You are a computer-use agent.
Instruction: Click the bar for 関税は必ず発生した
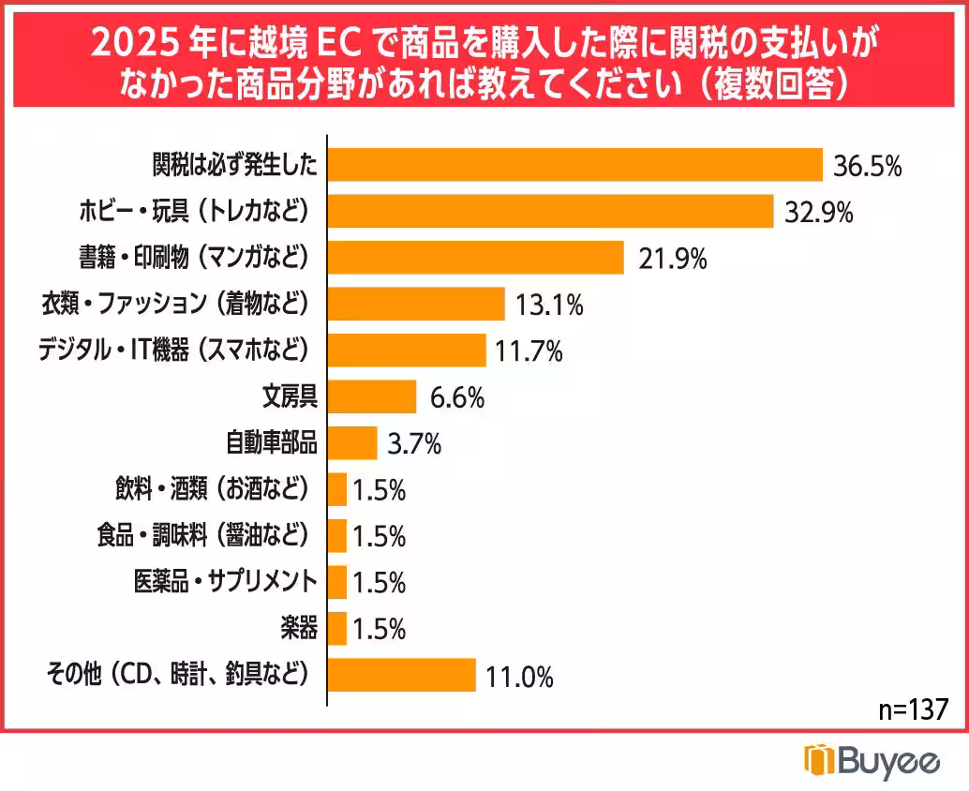[x=574, y=165]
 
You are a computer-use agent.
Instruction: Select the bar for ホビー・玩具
[x=550, y=211]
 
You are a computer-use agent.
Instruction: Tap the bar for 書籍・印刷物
[x=475, y=257]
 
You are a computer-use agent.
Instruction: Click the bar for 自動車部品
[x=352, y=442]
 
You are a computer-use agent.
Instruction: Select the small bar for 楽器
[x=337, y=628]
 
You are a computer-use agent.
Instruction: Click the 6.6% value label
[x=456, y=398]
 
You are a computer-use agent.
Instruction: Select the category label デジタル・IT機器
[x=172, y=350]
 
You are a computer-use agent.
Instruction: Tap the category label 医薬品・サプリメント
[x=224, y=581]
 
